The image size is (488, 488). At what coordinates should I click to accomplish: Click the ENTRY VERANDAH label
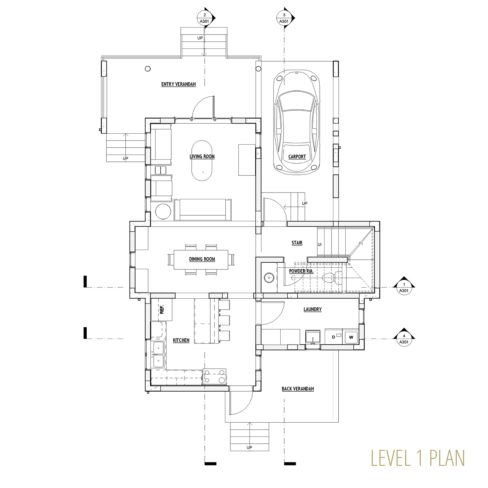pyautogui.click(x=178, y=84)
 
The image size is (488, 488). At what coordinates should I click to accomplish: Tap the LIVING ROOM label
pyautogui.click(x=202, y=156)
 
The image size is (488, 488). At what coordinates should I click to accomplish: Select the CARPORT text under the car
pyautogui.click(x=297, y=157)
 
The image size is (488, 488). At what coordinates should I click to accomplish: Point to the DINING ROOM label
pyautogui.click(x=202, y=259)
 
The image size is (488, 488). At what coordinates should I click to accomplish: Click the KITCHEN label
pyautogui.click(x=181, y=340)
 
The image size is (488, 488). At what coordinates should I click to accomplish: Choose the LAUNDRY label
pyautogui.click(x=312, y=309)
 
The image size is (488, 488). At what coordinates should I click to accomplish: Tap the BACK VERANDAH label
pyautogui.click(x=298, y=389)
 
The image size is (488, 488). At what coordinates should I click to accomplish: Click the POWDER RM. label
pyautogui.click(x=301, y=271)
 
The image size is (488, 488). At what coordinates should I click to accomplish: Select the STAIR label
pyautogui.click(x=297, y=243)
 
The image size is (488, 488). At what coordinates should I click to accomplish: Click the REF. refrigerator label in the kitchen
pyautogui.click(x=162, y=309)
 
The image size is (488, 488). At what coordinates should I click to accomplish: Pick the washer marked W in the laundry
pyautogui.click(x=351, y=337)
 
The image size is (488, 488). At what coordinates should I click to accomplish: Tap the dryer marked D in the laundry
pyautogui.click(x=334, y=337)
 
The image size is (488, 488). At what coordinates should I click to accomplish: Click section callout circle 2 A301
pyautogui.click(x=204, y=18)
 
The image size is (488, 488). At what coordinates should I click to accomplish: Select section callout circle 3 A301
pyautogui.click(x=284, y=18)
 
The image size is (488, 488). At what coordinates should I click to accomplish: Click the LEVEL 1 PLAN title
pyautogui.click(x=418, y=458)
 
